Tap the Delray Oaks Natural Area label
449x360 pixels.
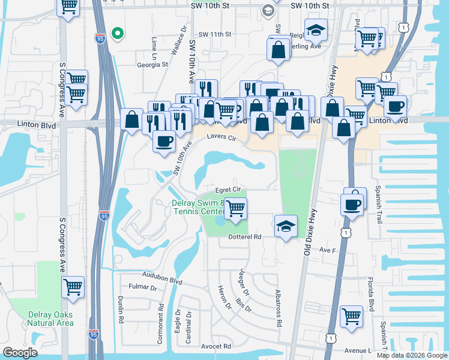pos(50,319)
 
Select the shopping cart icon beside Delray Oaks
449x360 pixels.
pos(73,288)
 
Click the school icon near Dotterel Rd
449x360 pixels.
pos(286,226)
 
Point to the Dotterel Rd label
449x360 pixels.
pos(246,237)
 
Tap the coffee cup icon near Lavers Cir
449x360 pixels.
pos(164,141)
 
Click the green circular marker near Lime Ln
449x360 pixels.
pos(118,33)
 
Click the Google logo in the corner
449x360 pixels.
pos(19,353)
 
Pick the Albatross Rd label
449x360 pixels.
pos(279,307)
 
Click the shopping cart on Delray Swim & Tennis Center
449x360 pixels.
pos(236,208)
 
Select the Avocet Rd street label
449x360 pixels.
pos(216,346)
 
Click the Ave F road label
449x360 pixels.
pos(327,249)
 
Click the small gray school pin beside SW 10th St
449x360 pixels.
pos(268,10)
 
